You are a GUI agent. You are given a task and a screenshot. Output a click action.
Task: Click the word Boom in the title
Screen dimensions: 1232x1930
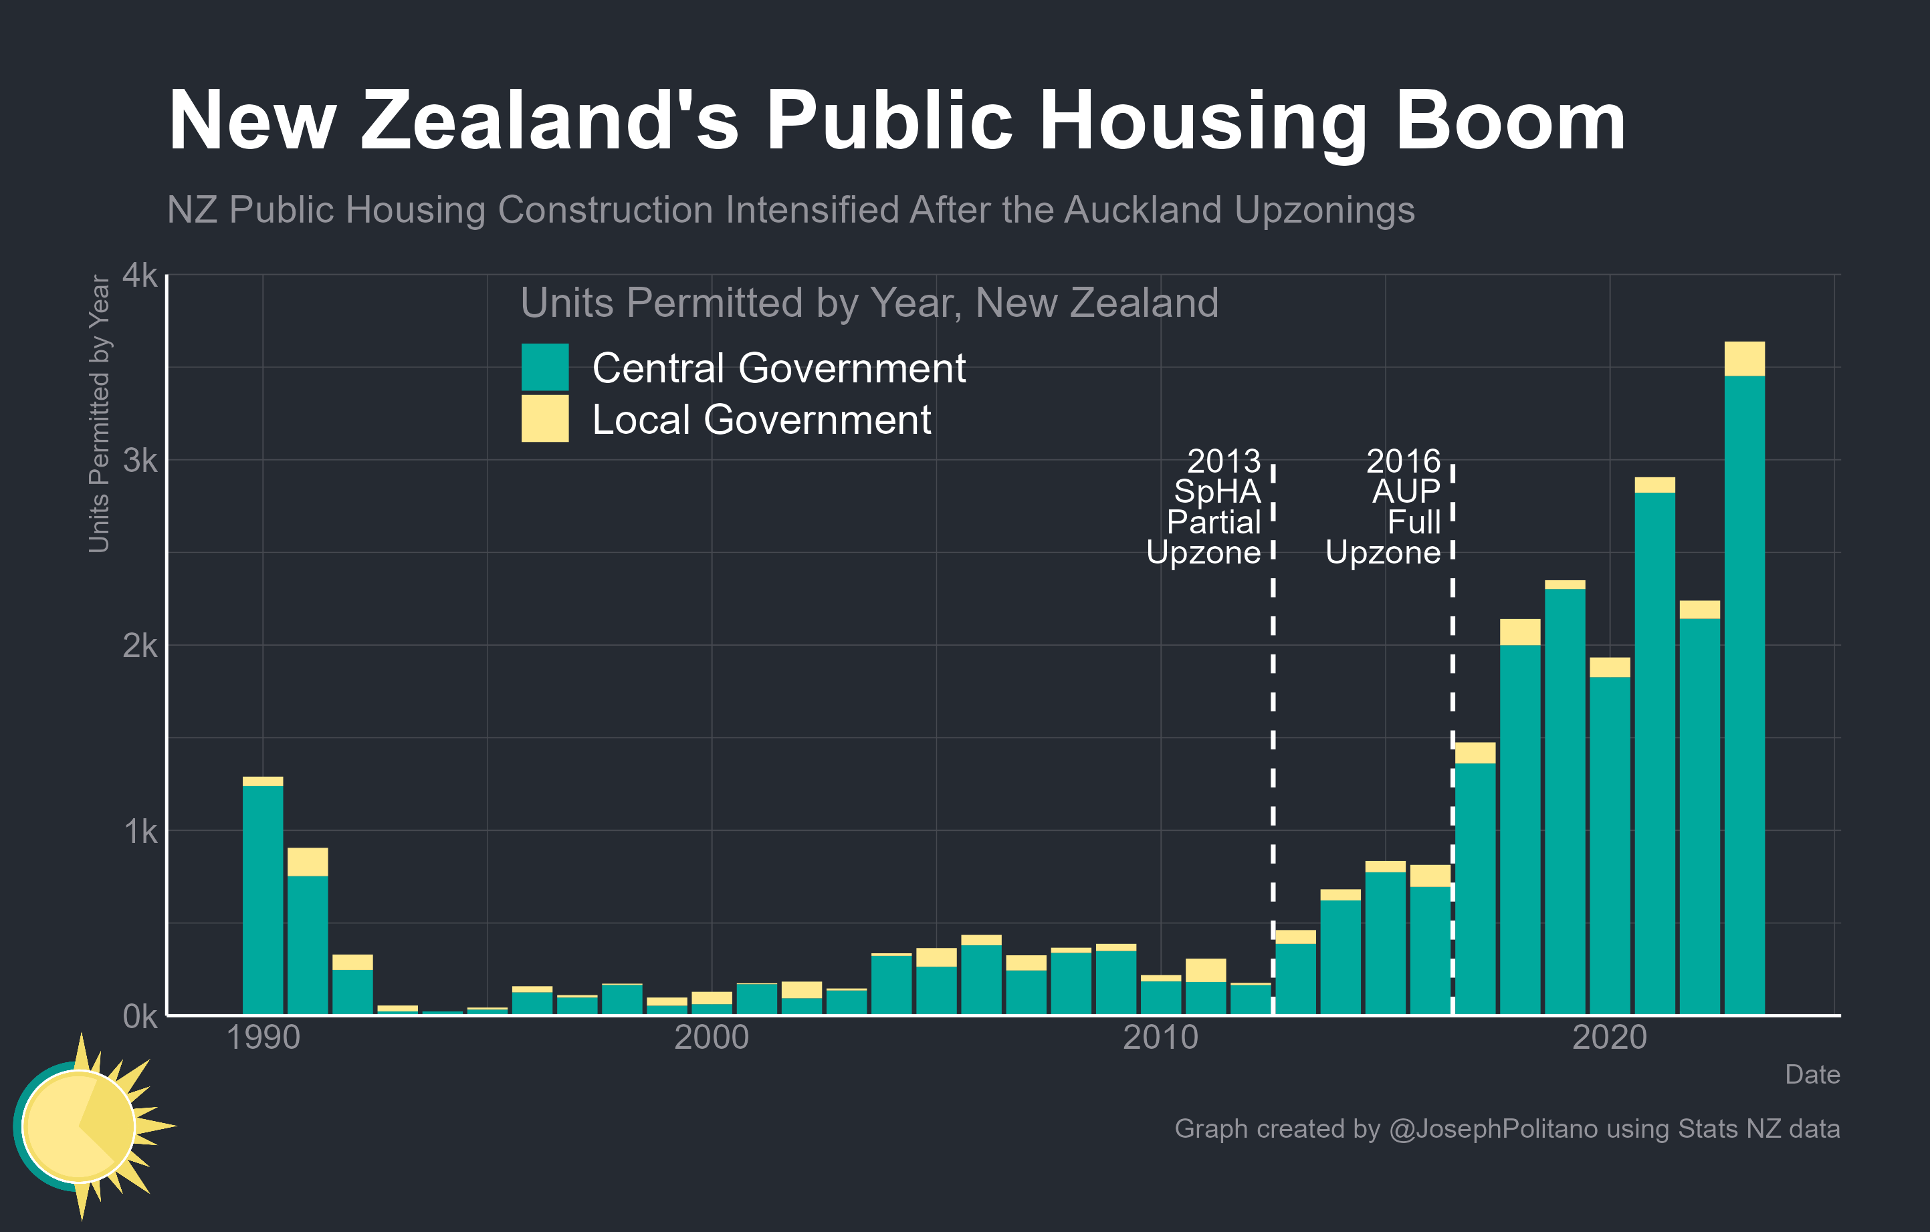click(1510, 122)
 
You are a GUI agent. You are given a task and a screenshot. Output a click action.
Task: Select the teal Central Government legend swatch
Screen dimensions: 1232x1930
click(545, 367)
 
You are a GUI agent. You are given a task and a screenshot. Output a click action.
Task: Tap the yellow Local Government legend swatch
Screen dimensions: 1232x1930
click(545, 418)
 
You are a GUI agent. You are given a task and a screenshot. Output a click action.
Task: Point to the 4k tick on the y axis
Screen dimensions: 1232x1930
click(140, 275)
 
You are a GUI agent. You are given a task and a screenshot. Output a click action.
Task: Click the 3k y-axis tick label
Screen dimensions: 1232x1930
click(140, 461)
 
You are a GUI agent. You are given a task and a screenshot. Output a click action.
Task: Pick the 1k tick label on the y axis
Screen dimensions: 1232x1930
click(140, 832)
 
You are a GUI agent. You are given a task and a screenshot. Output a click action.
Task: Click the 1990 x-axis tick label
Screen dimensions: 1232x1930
click(263, 1037)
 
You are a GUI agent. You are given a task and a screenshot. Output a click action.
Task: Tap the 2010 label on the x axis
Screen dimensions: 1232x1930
click(1160, 1037)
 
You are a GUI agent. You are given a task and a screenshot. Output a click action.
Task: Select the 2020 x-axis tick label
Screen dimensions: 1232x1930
click(1610, 1037)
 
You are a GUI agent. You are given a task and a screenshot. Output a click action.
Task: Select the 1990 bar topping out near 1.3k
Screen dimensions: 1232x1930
click(263, 897)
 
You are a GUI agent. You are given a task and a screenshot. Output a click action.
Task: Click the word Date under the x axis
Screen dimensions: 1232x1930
click(1812, 1074)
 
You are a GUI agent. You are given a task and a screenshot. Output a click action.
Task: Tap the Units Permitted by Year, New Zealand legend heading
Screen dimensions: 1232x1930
click(869, 303)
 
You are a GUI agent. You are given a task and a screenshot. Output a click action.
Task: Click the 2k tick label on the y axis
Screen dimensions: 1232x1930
click(140, 646)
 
